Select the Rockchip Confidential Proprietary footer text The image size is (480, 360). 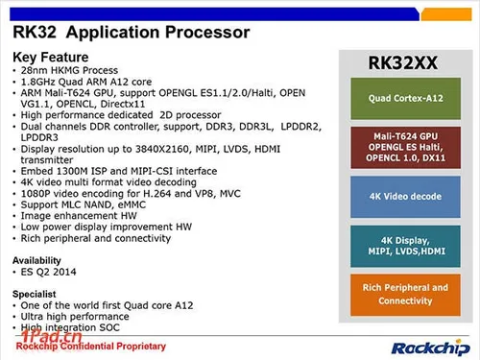tap(91, 346)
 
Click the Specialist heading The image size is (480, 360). tap(35, 294)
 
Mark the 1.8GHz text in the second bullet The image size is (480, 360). tap(36, 83)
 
